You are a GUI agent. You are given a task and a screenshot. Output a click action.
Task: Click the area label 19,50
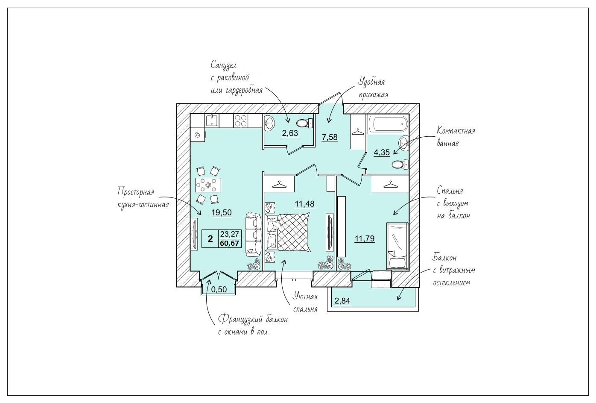222,212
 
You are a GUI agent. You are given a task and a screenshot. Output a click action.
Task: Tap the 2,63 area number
290,133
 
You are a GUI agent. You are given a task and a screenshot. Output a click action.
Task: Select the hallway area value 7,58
330,137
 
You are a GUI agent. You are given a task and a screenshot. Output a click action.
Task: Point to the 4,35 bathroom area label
382,153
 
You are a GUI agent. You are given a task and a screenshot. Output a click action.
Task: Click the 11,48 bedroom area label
305,204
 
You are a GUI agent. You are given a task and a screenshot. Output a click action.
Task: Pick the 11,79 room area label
365,238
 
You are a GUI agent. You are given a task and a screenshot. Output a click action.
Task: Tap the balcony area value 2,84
342,301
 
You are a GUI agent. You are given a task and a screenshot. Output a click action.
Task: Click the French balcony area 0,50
219,289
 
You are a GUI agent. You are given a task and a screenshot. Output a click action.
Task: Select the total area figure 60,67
230,243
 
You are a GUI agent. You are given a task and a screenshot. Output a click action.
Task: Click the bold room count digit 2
210,239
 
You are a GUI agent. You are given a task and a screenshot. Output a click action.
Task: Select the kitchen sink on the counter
212,121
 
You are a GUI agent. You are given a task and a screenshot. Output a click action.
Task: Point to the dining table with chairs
208,185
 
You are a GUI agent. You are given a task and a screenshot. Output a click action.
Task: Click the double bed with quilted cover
288,232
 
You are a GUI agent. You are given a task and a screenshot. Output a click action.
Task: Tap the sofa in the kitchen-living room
253,234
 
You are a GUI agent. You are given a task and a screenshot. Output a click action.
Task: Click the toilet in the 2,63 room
304,124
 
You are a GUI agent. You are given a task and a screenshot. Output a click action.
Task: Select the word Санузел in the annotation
224,65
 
